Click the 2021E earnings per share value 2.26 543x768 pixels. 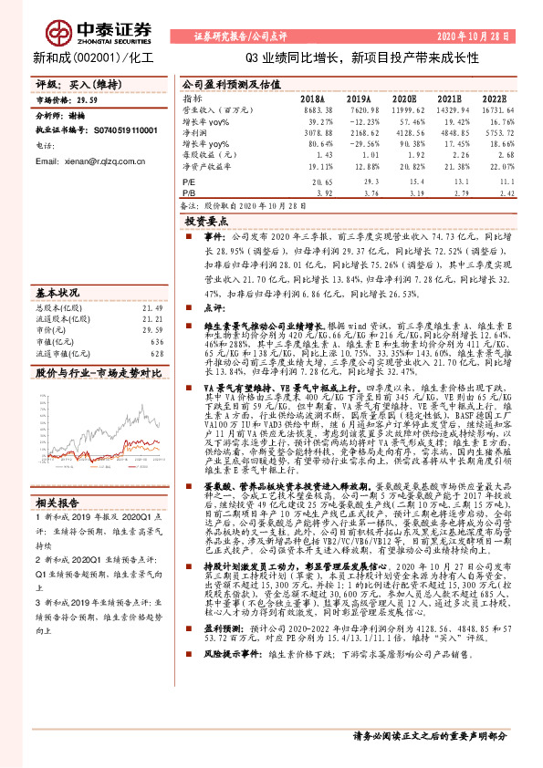click(x=448, y=155)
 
